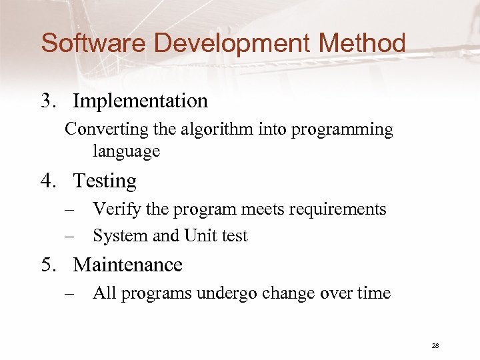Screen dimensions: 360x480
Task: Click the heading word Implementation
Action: click(141, 101)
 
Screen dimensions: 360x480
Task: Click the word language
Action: click(126, 152)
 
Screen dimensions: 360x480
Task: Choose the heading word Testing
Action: click(105, 181)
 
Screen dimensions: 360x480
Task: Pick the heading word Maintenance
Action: click(128, 265)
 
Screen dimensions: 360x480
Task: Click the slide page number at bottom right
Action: click(435, 345)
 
